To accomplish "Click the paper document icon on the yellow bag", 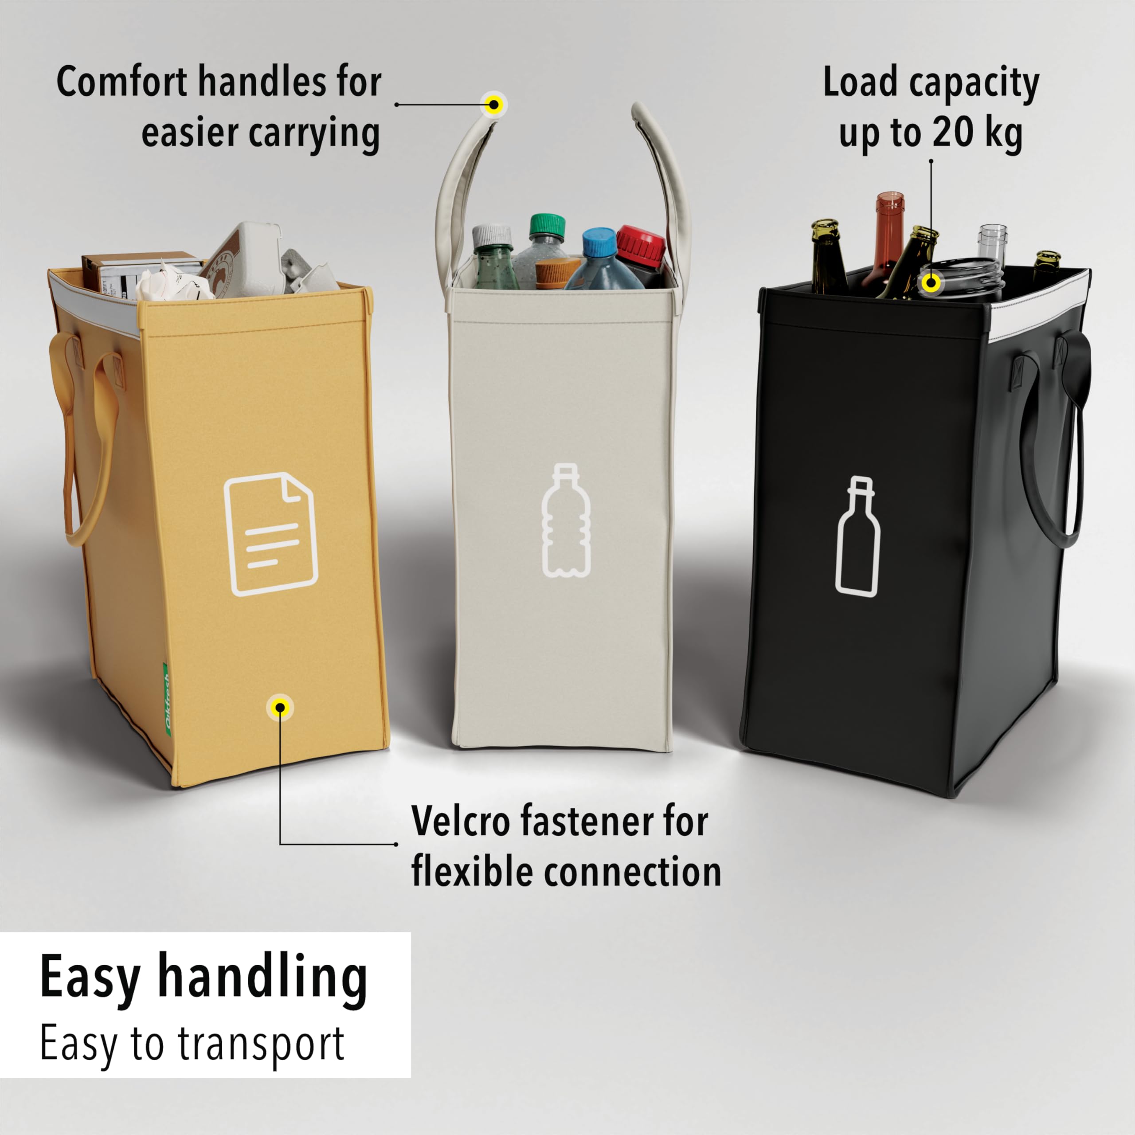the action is click(x=271, y=533).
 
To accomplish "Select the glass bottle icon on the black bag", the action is click(x=858, y=536).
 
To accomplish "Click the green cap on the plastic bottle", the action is click(x=547, y=226).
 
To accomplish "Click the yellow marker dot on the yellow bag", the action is click(x=280, y=707).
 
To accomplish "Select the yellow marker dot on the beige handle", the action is click(x=494, y=105).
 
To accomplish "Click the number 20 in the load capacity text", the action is click(x=952, y=133).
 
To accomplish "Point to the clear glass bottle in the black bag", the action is click(x=992, y=244).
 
